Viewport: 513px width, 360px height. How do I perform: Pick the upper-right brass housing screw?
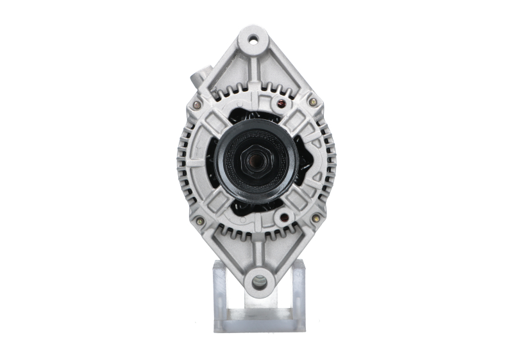[312, 101]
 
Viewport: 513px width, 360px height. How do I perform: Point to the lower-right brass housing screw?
[315, 218]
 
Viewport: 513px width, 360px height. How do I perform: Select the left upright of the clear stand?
[219, 289]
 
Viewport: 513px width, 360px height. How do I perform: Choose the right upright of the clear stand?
[297, 289]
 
